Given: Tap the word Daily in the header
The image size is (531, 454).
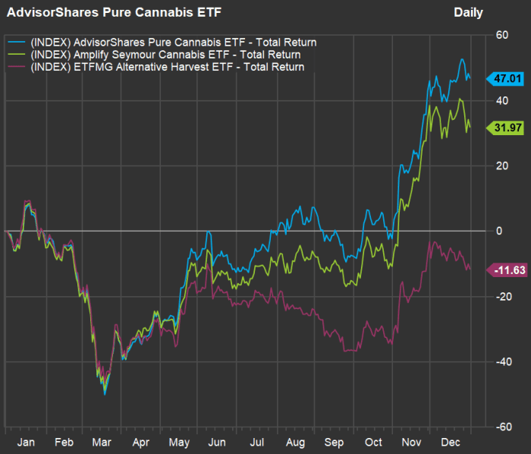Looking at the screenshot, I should point(468,12).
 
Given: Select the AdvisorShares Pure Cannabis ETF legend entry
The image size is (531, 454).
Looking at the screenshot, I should point(171,42).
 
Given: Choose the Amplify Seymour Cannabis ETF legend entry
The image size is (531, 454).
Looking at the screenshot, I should point(164,55).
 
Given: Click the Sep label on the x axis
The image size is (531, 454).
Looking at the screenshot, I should point(334,442).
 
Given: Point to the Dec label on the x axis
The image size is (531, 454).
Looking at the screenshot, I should point(451,442).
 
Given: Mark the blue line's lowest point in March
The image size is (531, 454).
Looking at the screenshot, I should point(105,394).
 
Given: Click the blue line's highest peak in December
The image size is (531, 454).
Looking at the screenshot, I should point(462,59).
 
